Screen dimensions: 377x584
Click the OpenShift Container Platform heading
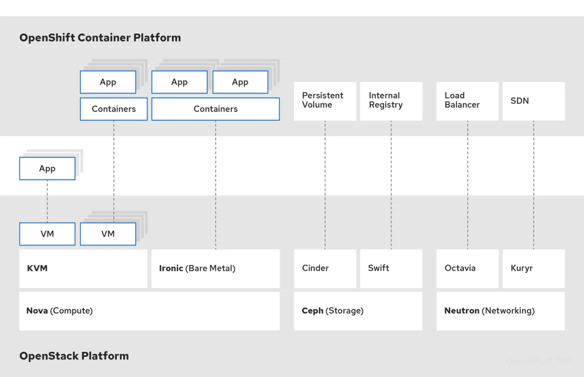click(100, 38)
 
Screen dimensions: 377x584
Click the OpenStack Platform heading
click(74, 356)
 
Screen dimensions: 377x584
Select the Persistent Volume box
click(325, 101)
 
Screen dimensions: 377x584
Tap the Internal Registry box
click(391, 101)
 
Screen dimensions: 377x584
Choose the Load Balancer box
click(467, 101)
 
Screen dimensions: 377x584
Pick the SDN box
click(533, 101)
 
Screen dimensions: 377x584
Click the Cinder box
click(325, 268)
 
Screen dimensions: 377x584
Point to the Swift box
click(391, 268)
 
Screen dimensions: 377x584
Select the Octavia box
click(467, 268)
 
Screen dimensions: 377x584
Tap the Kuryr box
click(533, 268)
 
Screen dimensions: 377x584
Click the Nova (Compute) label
click(59, 311)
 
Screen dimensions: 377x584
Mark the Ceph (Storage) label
click(332, 311)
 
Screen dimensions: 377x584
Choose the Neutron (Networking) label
click(489, 311)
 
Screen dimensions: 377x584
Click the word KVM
click(37, 268)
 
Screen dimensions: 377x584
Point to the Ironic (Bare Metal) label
click(197, 268)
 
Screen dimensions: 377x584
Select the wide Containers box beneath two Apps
click(216, 109)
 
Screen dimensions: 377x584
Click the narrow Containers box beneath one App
click(114, 109)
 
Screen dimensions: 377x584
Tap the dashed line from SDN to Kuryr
click(534, 185)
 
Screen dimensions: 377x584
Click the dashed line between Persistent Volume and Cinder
click(325, 185)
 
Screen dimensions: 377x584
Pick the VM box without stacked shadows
click(47, 234)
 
